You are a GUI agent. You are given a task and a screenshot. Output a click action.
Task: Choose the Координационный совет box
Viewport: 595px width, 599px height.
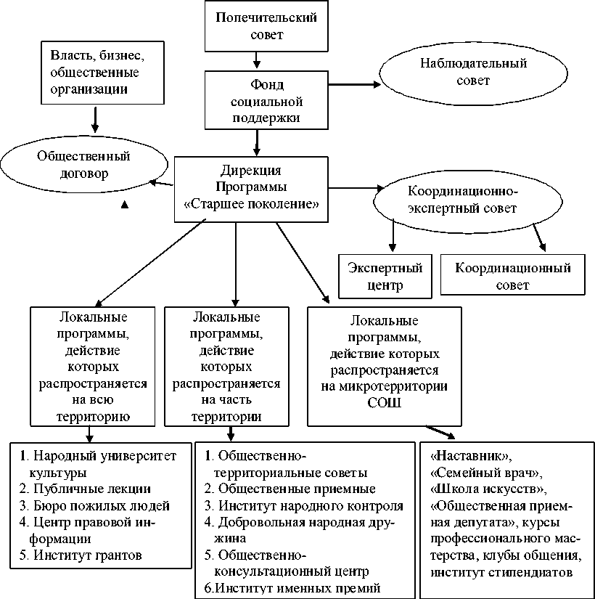click(513, 276)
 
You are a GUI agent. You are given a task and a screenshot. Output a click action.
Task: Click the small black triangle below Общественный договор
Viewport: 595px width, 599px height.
click(124, 205)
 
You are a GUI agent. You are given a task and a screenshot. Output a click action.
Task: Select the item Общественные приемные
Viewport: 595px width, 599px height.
click(297, 488)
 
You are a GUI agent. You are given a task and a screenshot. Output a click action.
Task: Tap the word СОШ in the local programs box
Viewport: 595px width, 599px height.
click(384, 402)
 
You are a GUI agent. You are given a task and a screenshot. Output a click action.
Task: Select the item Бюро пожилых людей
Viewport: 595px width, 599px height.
click(94, 505)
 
